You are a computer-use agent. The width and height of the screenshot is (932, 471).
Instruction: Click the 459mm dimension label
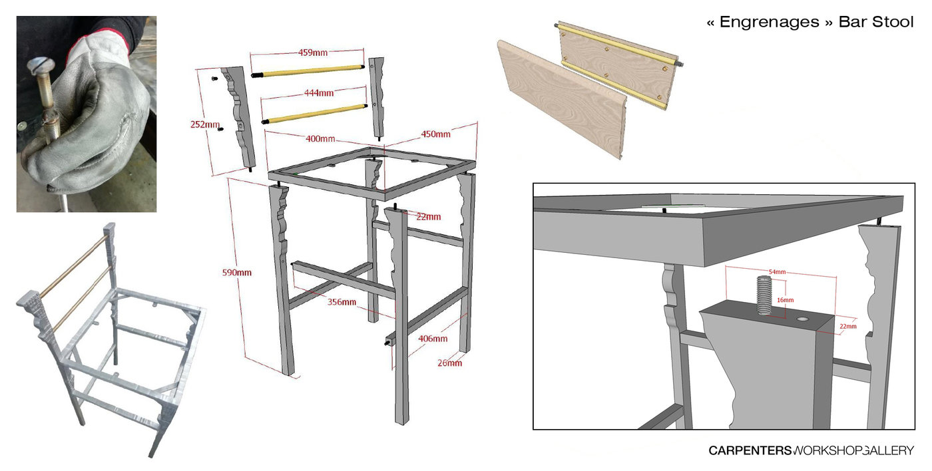click(312, 53)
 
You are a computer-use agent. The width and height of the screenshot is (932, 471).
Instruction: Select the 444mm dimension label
click(319, 93)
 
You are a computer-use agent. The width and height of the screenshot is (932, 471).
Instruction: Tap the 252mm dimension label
click(205, 124)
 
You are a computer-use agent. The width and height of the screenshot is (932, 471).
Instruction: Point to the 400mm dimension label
click(320, 139)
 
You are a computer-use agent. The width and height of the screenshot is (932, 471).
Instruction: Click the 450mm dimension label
click(435, 134)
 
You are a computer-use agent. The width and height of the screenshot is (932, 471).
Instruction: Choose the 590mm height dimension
click(237, 273)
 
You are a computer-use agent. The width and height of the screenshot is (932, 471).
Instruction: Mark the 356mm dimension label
click(342, 302)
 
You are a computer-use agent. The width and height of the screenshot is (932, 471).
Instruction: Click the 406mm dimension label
click(433, 339)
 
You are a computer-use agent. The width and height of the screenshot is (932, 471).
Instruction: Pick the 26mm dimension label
click(450, 363)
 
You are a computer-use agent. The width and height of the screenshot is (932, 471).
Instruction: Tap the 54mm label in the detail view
click(778, 272)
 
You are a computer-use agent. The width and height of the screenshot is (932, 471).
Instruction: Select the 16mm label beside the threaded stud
click(785, 300)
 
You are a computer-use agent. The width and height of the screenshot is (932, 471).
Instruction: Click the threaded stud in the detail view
click(764, 295)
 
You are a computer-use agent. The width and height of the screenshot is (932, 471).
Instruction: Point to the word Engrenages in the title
click(770, 22)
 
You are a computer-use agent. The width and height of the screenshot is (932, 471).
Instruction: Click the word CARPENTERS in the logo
click(750, 450)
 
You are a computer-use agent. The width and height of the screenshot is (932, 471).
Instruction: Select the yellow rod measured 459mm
click(308, 71)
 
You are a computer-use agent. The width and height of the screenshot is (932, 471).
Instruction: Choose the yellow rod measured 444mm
click(314, 114)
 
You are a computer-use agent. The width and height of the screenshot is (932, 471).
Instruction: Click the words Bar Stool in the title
click(876, 22)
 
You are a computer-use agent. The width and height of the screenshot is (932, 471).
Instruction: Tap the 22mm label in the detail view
click(848, 327)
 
